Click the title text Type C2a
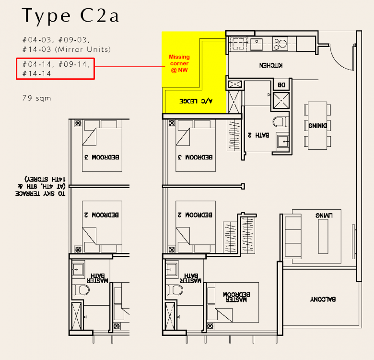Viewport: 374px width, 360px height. click(x=70, y=16)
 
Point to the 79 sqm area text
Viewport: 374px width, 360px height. click(x=37, y=98)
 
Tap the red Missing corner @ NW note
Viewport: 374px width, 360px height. click(x=179, y=63)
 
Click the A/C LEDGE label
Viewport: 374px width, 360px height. click(x=196, y=101)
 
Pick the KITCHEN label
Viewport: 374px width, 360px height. click(x=271, y=65)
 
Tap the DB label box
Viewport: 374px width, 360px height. click(x=281, y=85)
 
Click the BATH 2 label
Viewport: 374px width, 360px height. click(x=258, y=135)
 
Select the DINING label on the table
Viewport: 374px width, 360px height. click(x=317, y=126)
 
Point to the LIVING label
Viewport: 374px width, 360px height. click(x=324, y=216)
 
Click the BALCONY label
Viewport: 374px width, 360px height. click(x=323, y=299)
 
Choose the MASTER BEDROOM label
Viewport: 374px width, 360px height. click(x=236, y=297)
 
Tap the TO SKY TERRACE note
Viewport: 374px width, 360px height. click(x=40, y=186)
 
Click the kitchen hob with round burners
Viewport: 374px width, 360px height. click(x=280, y=44)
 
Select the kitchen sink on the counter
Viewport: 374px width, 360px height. click(x=257, y=44)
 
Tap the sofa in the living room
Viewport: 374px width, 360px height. click(x=293, y=236)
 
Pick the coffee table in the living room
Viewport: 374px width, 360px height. click(x=323, y=236)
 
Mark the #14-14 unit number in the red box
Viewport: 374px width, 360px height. click(x=37, y=74)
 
